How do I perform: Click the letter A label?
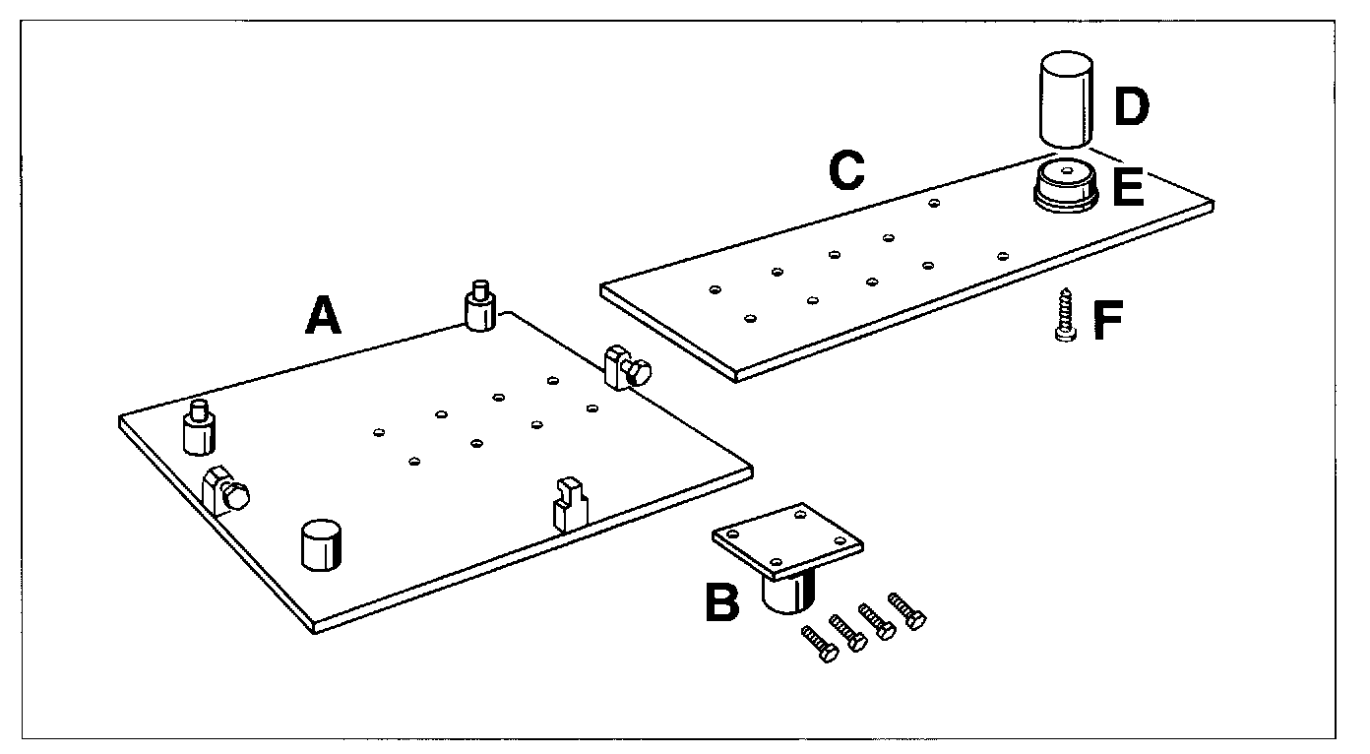click(322, 316)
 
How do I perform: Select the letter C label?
click(845, 170)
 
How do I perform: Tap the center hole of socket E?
click(1065, 171)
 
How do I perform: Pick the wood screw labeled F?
click(1064, 314)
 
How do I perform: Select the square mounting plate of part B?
click(787, 539)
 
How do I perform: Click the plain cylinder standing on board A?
click(322, 544)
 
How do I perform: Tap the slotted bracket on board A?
click(569, 503)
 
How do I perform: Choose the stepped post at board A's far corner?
click(479, 307)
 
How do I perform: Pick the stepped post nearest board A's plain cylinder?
click(198, 428)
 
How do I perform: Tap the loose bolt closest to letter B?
click(820, 643)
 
